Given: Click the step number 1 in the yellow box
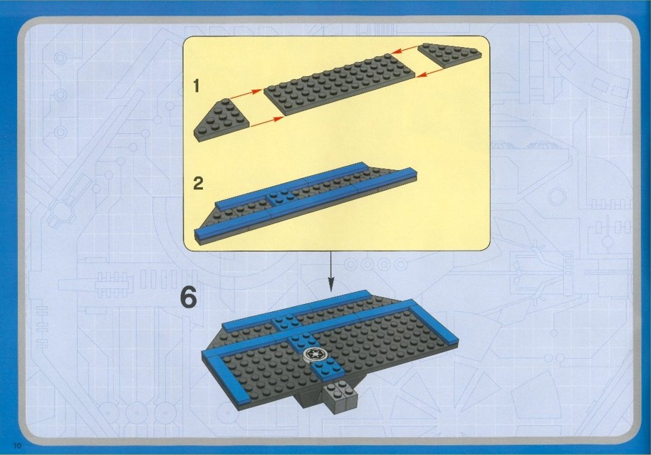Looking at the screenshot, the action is pos(197,86).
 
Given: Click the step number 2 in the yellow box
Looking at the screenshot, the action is pos(198,183).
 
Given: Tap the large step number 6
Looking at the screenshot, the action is pos(189,298).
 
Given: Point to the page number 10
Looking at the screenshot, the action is pos(17,446).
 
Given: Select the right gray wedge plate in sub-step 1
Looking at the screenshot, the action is pos(449,54).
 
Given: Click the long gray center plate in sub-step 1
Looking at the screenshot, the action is pos(339,84).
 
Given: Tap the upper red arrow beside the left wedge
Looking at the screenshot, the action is pos(245,94).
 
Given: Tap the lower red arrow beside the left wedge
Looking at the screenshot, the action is pos(267,121).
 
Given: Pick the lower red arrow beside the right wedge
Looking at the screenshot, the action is pos(430,73).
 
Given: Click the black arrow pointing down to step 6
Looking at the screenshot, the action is pos(331,271).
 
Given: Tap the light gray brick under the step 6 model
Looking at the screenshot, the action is pos(340,398).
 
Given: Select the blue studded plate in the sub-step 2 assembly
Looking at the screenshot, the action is pos(280,197).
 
